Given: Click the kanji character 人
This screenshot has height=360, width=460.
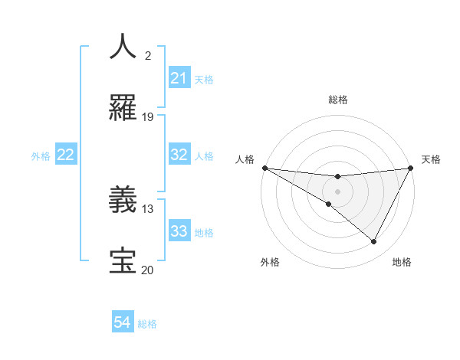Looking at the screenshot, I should coord(123,46).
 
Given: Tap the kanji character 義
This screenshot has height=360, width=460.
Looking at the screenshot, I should coord(123,201).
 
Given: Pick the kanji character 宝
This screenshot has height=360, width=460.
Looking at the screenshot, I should coord(123,261).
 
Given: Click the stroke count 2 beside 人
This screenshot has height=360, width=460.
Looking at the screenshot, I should coord(147,55).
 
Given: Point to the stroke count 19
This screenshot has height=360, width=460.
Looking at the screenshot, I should coord(148,116).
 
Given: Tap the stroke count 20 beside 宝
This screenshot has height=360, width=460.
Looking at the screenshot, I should coord(148,270).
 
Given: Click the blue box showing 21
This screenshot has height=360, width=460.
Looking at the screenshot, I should coord(179,78).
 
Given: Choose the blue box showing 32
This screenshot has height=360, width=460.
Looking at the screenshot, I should coord(179,155).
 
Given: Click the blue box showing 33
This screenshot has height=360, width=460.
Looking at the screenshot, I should coord(179,231).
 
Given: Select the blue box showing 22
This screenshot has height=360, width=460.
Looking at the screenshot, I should coord(66,155).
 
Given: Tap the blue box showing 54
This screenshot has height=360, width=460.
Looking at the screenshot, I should coord(123,322).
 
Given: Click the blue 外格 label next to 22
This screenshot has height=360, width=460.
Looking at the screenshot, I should coord(41,155).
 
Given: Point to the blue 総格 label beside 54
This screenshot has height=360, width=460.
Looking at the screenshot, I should coord(147,323).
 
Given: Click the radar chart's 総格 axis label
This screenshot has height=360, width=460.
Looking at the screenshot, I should coord(337,100).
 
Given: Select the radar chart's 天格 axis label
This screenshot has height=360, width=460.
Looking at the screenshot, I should coord(431,159).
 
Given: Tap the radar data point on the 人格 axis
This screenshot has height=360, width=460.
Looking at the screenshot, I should coord(264,168).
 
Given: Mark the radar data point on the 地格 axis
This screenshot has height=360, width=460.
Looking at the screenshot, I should coord(373,241).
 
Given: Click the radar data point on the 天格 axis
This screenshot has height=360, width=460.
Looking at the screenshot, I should coord(411,168).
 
